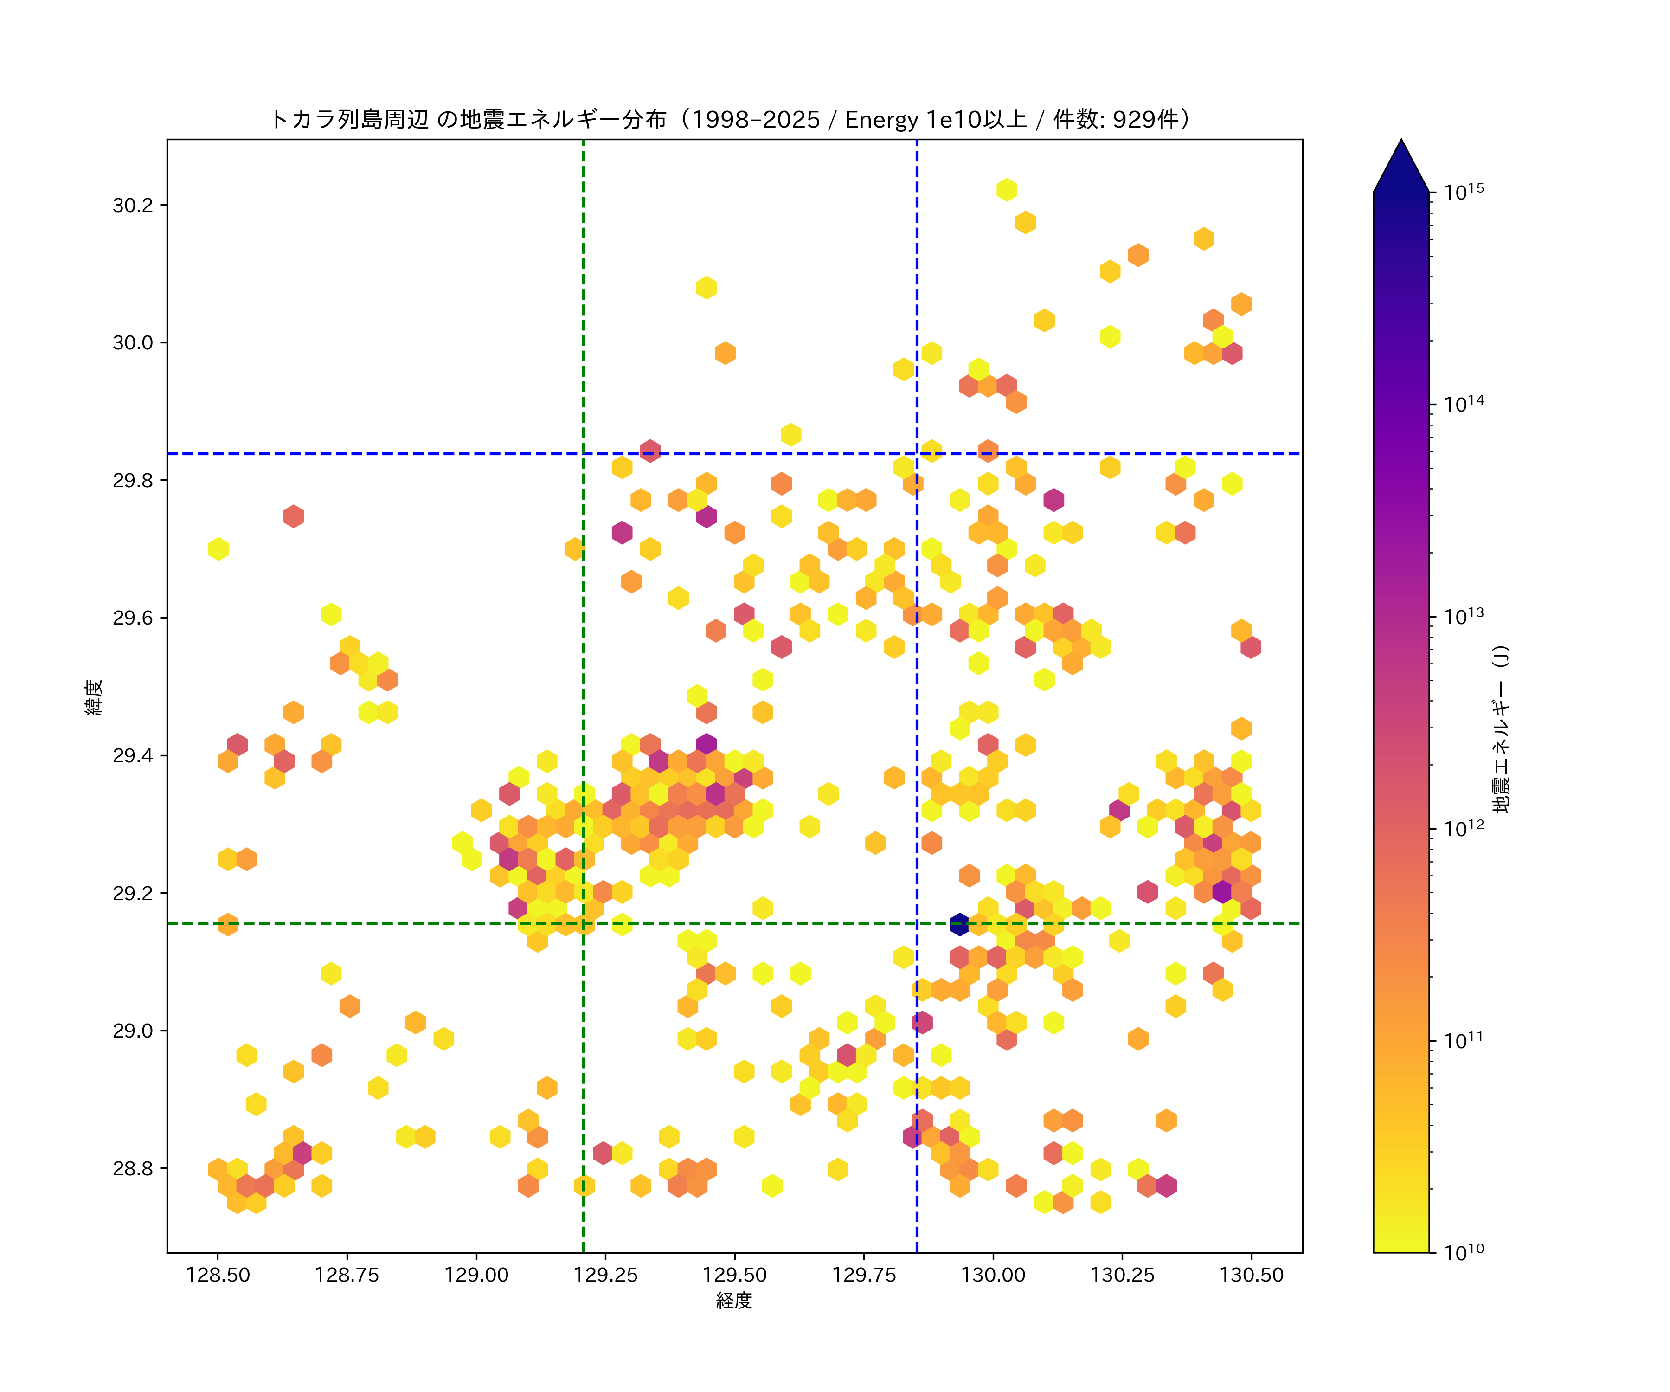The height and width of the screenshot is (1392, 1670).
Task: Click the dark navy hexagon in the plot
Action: click(x=959, y=924)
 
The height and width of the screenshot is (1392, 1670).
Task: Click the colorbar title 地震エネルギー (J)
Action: click(x=1502, y=728)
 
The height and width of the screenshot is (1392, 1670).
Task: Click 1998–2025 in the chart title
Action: click(x=756, y=119)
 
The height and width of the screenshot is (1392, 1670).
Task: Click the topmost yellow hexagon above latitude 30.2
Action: click(x=1007, y=189)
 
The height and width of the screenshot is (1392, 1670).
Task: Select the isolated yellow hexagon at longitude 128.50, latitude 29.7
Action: click(x=218, y=549)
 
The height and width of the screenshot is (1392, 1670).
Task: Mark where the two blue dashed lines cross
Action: click(x=917, y=454)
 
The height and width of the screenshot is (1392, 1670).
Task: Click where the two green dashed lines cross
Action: click(x=584, y=923)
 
